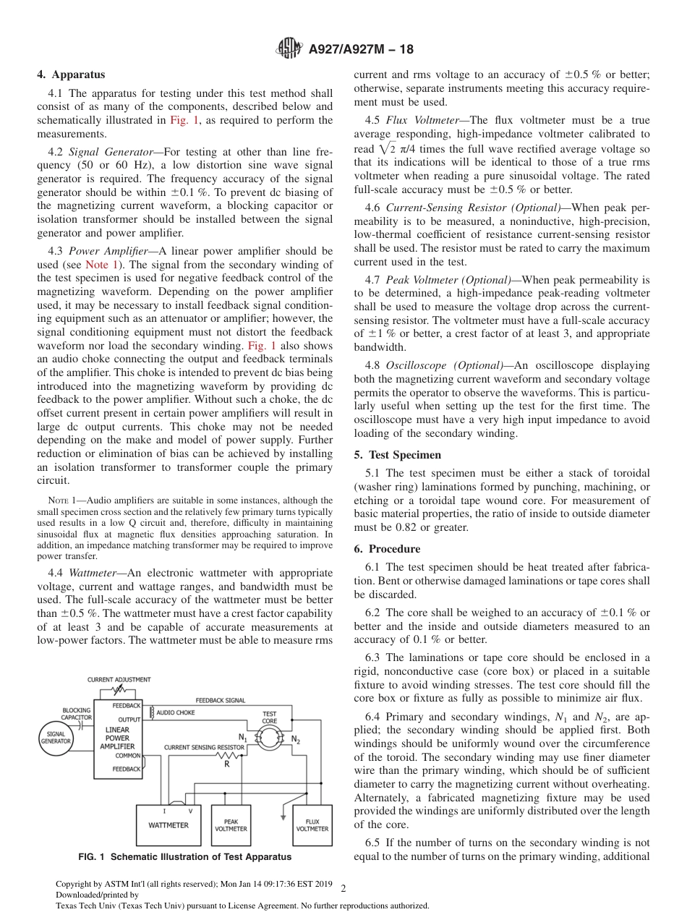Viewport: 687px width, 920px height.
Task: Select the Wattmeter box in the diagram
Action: [x=168, y=825]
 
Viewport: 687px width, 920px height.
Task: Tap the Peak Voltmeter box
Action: [x=231, y=825]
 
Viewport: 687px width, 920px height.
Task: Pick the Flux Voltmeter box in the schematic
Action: [x=312, y=825]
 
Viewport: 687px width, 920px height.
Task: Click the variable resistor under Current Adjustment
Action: [x=119, y=690]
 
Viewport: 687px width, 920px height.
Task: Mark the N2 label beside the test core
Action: [x=295, y=739]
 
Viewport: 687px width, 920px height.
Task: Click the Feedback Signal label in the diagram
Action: [x=221, y=700]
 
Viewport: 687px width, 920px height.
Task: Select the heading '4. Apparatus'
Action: [x=71, y=74]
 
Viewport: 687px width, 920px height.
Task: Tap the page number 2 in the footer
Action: [x=343, y=888]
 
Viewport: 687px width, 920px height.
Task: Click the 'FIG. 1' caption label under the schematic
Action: [x=92, y=857]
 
